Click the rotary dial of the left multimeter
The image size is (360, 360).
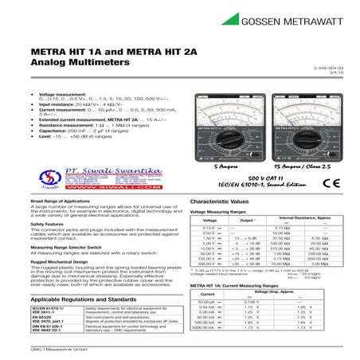[x=226, y=137]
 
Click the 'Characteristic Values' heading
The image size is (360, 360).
[x=225, y=203]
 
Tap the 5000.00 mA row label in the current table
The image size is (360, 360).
[x=205, y=327]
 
